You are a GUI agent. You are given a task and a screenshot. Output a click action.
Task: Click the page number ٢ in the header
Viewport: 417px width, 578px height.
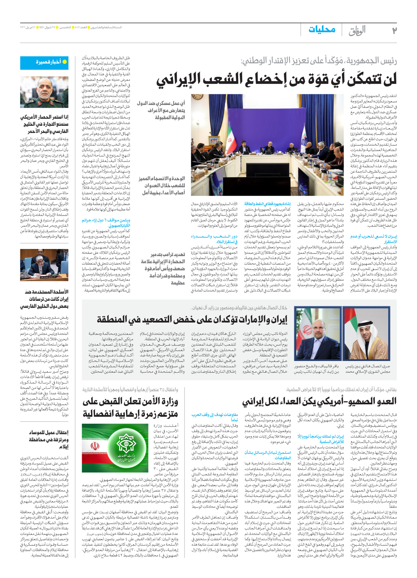click(x=394, y=30)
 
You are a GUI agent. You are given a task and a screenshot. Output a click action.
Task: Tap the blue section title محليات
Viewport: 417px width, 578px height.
click(x=322, y=30)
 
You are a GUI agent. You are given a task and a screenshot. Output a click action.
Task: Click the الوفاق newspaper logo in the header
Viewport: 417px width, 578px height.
click(x=357, y=31)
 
